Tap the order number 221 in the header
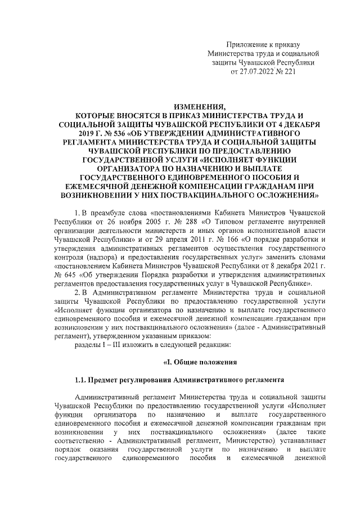tap(289, 71)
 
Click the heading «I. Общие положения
tap(196, 362)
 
